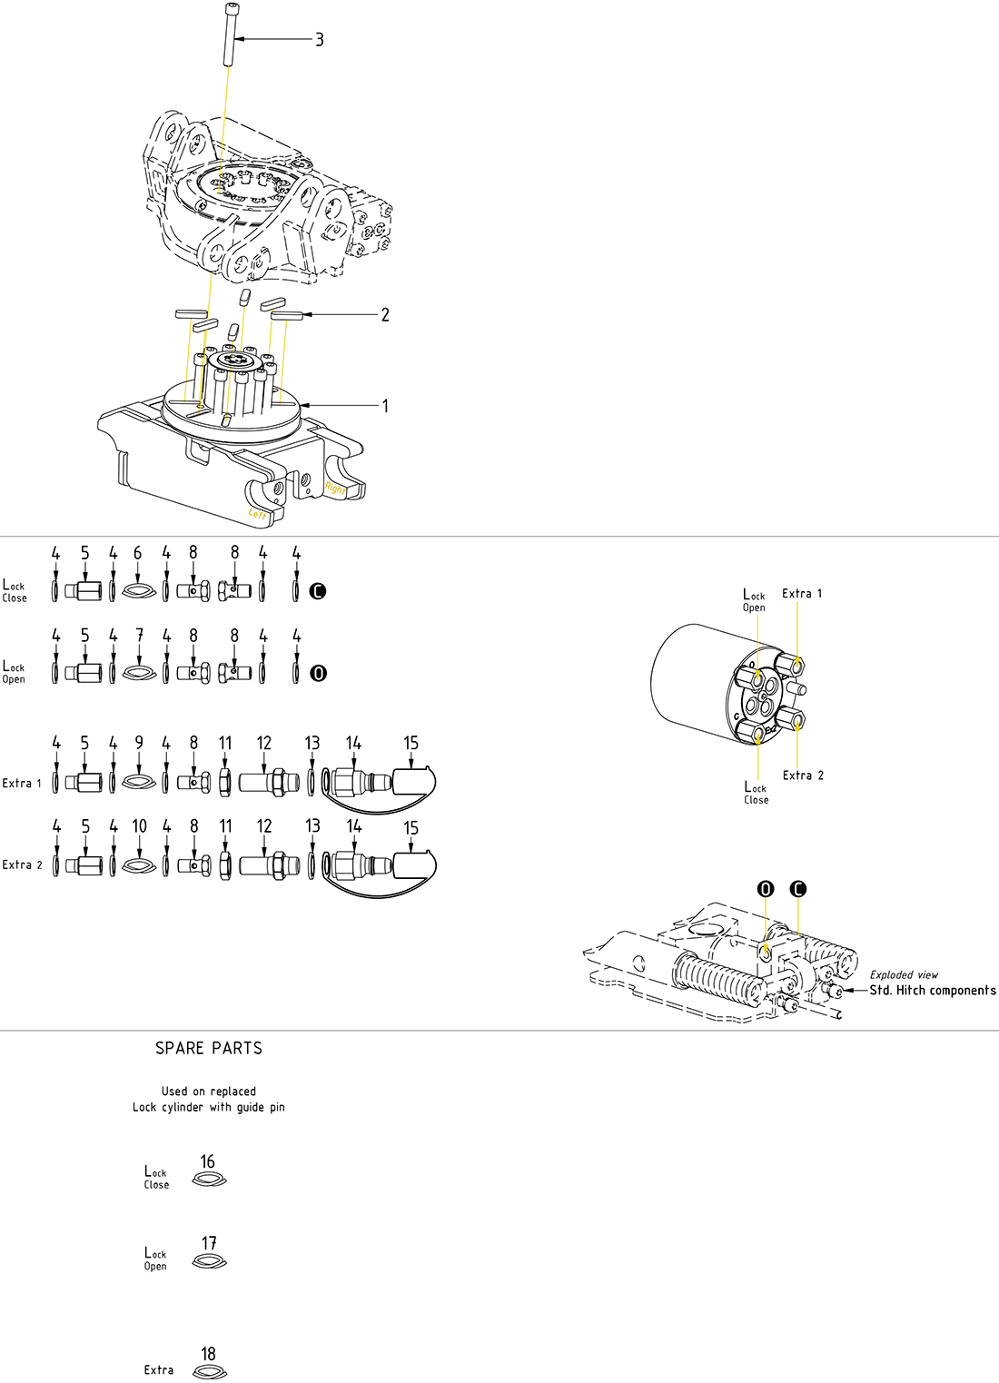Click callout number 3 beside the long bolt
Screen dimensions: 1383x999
tap(319, 40)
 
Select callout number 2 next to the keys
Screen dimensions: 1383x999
tap(385, 315)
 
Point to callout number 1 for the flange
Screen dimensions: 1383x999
tap(385, 406)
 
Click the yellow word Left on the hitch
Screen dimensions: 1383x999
tap(258, 514)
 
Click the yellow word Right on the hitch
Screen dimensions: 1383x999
tap(335, 489)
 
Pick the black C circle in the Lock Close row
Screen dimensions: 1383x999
tap(317, 591)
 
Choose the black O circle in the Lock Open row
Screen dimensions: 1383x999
tap(318, 673)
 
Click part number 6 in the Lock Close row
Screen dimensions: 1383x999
tap(138, 554)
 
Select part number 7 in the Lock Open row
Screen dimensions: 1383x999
tap(139, 636)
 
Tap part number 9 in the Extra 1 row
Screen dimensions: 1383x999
tap(139, 743)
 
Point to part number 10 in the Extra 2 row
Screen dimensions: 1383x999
tap(139, 826)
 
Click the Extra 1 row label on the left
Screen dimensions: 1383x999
tap(22, 783)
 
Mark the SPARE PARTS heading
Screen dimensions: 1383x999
tap(209, 1048)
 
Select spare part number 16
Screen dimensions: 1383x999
tap(208, 1161)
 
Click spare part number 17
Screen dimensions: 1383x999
tap(209, 1243)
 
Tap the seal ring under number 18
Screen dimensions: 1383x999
tap(210, 1373)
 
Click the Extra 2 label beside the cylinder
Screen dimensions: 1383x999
tap(803, 775)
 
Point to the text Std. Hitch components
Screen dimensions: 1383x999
tap(933, 991)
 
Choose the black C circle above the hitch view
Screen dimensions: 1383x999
tap(798, 889)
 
